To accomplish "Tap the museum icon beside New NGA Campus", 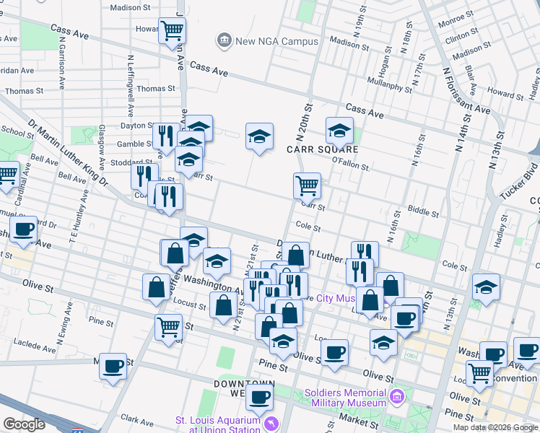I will (224, 41).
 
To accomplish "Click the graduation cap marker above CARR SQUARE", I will (339, 131).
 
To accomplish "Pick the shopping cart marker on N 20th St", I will (308, 185).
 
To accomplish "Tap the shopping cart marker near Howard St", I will (173, 31).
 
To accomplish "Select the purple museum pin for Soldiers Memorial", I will (396, 396).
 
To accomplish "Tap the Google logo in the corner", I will (24, 424).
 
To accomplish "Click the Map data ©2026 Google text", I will (495, 427).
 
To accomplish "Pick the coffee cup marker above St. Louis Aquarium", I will (259, 396).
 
